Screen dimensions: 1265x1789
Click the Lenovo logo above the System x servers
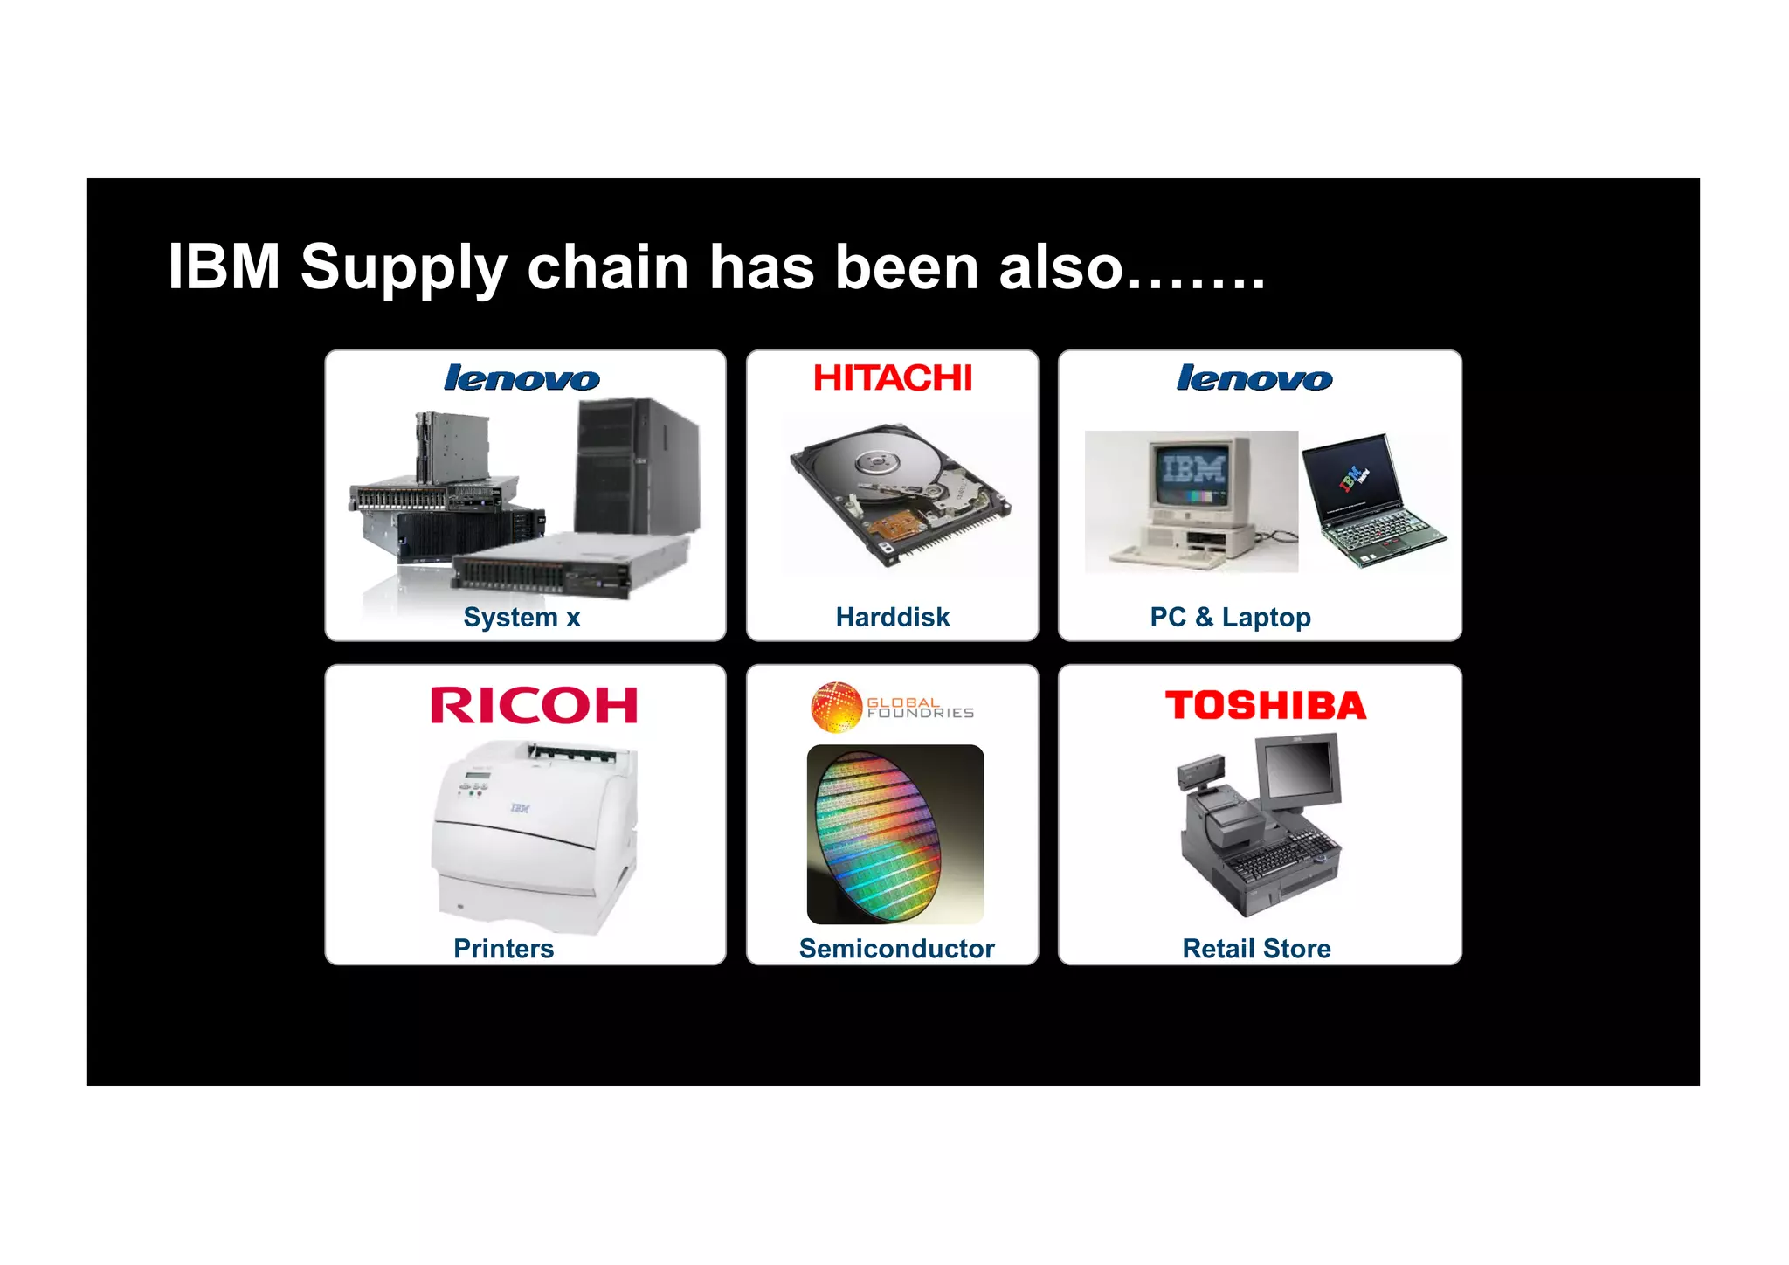(x=522, y=378)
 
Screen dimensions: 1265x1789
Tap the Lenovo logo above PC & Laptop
(x=1254, y=378)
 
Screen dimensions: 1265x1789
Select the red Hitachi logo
(x=892, y=377)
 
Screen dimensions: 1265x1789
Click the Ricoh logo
(x=534, y=705)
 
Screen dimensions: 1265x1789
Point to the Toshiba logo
(x=1265, y=705)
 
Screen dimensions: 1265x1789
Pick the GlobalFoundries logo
(x=892, y=707)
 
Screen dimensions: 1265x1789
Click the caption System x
(x=522, y=617)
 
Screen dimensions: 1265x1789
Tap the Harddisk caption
(x=892, y=617)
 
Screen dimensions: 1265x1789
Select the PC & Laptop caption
(x=1230, y=617)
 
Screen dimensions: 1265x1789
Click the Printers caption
(x=503, y=948)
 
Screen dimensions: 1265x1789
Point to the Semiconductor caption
(x=896, y=948)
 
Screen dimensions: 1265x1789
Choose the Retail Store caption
(x=1256, y=948)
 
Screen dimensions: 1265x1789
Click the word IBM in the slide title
(x=224, y=266)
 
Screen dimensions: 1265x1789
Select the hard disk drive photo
(x=900, y=494)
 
